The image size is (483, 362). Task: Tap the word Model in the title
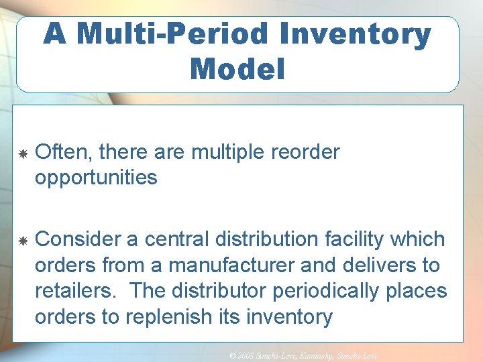coord(237,69)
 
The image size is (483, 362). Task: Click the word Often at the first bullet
coord(64,153)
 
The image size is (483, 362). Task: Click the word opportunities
coord(96,178)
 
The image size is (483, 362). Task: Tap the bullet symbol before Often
coord(23,154)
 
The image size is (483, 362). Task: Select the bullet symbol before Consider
coord(23,240)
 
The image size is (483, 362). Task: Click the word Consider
coord(76,239)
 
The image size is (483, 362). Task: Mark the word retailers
coord(75,291)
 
